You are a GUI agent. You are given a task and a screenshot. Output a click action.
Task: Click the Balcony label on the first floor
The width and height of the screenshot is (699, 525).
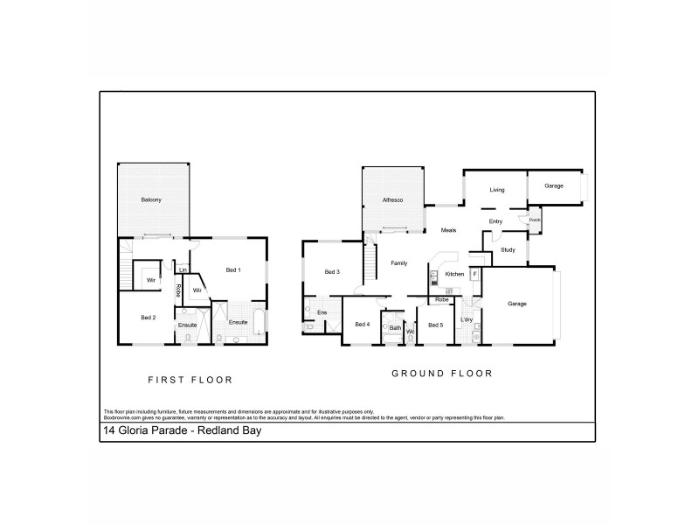pos(151,200)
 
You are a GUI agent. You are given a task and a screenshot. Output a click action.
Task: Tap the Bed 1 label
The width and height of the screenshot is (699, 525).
pos(233,269)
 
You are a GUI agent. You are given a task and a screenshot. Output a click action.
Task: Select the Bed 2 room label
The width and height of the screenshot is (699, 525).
pos(149,318)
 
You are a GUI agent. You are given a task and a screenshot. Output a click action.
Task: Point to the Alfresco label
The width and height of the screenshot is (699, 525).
pos(391,200)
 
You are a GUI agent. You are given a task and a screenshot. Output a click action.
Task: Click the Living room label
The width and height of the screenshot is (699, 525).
pos(497,189)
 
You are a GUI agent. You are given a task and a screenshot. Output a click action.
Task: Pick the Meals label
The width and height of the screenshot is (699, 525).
pos(448,230)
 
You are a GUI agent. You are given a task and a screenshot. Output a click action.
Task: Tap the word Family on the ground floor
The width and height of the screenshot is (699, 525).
pos(399,262)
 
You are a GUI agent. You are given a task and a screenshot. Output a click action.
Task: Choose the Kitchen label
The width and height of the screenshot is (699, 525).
pos(454,275)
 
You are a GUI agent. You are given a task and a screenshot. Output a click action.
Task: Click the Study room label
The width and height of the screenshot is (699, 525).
pos(508,251)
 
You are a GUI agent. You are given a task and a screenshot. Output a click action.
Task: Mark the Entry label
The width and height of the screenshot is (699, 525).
pos(495,221)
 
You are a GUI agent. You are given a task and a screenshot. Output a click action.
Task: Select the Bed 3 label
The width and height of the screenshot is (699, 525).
pos(331,272)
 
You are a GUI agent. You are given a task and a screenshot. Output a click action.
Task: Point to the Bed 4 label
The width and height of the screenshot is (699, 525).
pos(362,325)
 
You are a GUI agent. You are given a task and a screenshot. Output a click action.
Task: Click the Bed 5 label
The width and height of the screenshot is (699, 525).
pos(435,325)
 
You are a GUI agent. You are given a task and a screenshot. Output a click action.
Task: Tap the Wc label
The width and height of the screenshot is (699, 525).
pos(410,332)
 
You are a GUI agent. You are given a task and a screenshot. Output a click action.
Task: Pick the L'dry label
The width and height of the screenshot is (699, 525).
pos(467,319)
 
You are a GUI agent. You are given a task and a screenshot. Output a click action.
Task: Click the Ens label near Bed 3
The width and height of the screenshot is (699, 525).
pos(322,311)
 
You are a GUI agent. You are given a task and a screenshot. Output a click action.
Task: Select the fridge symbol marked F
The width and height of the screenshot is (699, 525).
pos(474,274)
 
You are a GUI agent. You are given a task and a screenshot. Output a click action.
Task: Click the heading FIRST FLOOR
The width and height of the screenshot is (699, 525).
pos(190,380)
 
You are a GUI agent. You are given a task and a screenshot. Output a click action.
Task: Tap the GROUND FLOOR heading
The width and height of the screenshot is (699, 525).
pos(441,374)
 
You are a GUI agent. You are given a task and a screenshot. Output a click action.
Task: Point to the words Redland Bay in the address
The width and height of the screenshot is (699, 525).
pos(226,430)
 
